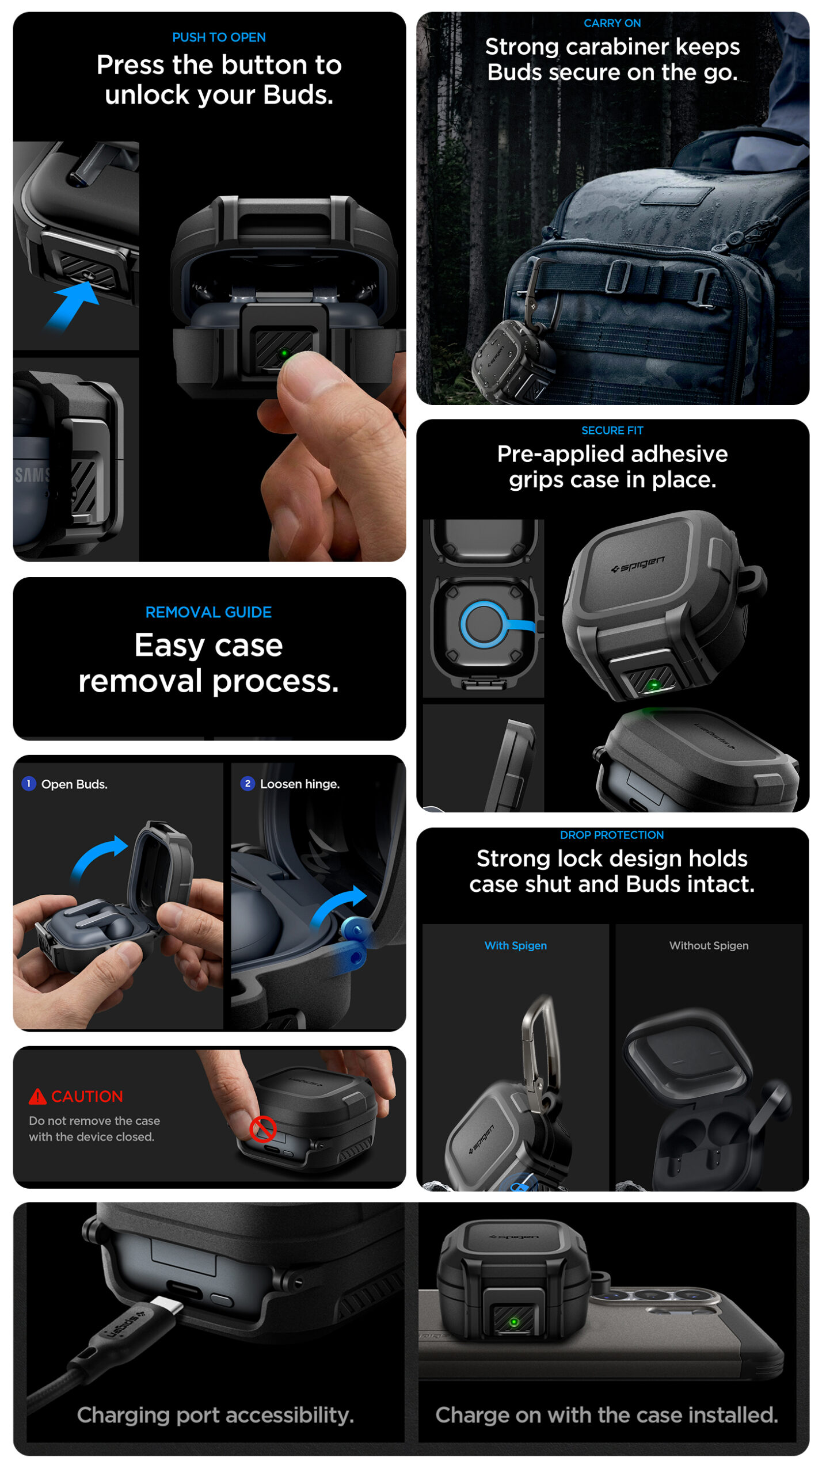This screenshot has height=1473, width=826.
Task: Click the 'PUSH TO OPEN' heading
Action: pyautogui.click(x=219, y=37)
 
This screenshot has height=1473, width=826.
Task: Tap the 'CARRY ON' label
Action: pyautogui.click(x=612, y=23)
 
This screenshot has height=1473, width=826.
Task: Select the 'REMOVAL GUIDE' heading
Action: pyautogui.click(x=208, y=612)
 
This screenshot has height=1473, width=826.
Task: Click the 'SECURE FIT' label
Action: pyautogui.click(x=612, y=430)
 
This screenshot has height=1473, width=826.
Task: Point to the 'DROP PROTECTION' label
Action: pyautogui.click(x=612, y=835)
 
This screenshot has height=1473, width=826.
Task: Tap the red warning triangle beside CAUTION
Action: pyautogui.click(x=37, y=1096)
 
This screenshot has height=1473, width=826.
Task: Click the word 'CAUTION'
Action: pyautogui.click(x=87, y=1096)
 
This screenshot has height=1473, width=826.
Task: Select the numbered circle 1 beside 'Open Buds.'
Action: pyautogui.click(x=28, y=784)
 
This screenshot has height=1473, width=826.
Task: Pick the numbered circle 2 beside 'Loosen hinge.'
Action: pyautogui.click(x=248, y=784)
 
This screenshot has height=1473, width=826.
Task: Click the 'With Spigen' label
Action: pyautogui.click(x=515, y=945)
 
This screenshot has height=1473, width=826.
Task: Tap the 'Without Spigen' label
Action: pyautogui.click(x=709, y=945)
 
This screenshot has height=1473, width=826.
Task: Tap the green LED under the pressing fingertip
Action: pyautogui.click(x=283, y=353)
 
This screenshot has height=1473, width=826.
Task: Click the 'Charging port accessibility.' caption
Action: pyautogui.click(x=215, y=1415)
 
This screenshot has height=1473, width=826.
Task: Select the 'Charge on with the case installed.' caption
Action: pyautogui.click(x=607, y=1415)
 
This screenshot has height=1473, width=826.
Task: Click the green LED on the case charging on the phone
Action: pyautogui.click(x=514, y=1322)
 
